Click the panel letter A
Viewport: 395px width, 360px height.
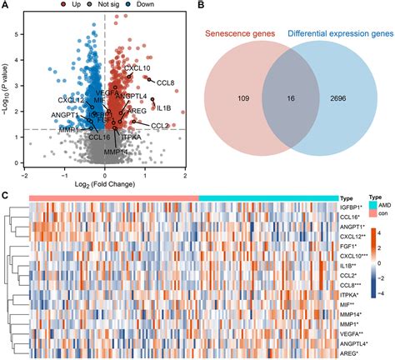(x=6, y=6)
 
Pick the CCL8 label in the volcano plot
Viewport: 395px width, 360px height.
(x=166, y=82)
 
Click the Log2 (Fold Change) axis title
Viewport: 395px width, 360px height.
(x=104, y=182)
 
